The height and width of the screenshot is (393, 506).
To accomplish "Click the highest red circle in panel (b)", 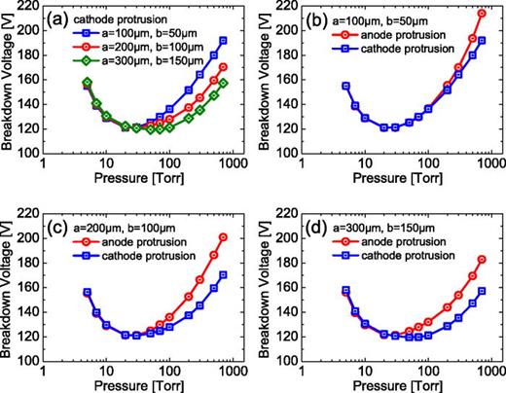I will pos(483,14).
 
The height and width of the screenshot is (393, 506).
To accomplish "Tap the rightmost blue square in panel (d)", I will pos(483,291).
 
